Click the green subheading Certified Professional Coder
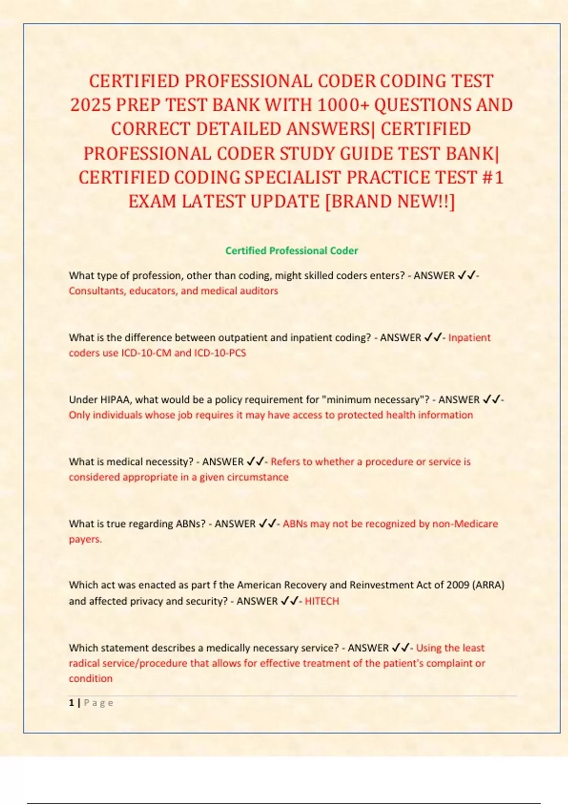(292, 251)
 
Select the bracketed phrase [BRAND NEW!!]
(390, 201)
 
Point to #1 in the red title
(492, 177)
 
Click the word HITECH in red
(322, 601)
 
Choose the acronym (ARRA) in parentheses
(488, 585)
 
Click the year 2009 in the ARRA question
(458, 585)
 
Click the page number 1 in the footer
(71, 703)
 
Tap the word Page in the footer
(98, 703)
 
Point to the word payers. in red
(85, 539)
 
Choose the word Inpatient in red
(469, 338)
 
